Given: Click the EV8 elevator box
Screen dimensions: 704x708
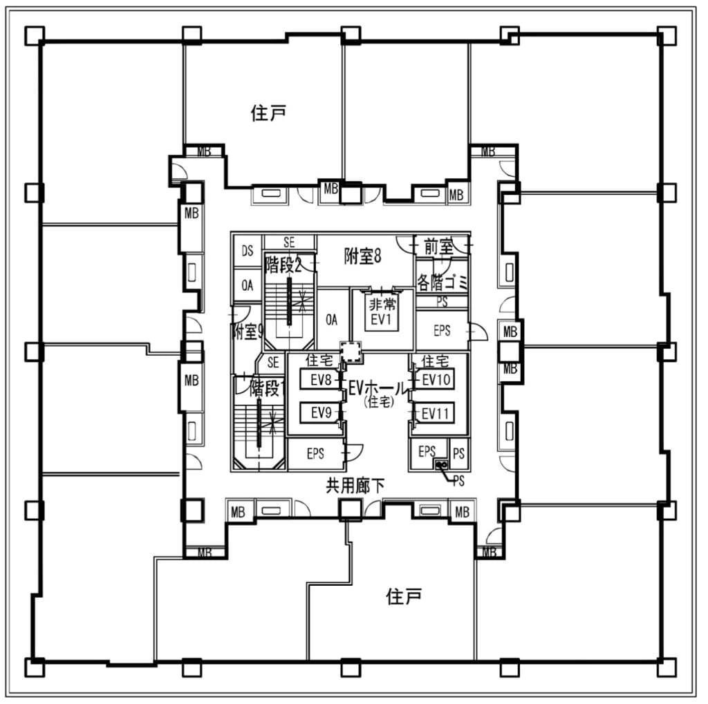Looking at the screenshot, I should tap(319, 379).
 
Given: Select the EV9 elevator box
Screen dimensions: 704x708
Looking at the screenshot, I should tap(319, 413).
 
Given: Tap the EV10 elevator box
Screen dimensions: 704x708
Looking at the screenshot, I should tap(436, 379).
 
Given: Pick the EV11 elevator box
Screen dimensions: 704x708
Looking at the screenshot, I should tap(436, 413).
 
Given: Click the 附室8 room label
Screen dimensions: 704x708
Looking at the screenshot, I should tap(363, 256).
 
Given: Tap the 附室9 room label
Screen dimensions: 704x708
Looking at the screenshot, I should tap(247, 332).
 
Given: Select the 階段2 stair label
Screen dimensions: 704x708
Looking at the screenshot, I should tap(283, 265).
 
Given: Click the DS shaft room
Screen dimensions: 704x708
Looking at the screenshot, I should tap(247, 252).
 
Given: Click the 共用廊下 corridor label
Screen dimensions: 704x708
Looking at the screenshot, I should tap(355, 486).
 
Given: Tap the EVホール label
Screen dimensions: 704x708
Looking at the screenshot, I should tap(378, 388).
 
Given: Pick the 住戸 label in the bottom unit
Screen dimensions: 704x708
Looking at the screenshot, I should tap(404, 596).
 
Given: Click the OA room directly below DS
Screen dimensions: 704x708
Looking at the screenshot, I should tap(247, 285).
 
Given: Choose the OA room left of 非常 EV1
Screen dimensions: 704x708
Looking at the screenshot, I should tap(332, 319).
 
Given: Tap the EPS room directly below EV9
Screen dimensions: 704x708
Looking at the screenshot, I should tap(315, 454).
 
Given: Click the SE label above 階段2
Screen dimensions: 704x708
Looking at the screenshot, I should tap(290, 242).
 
